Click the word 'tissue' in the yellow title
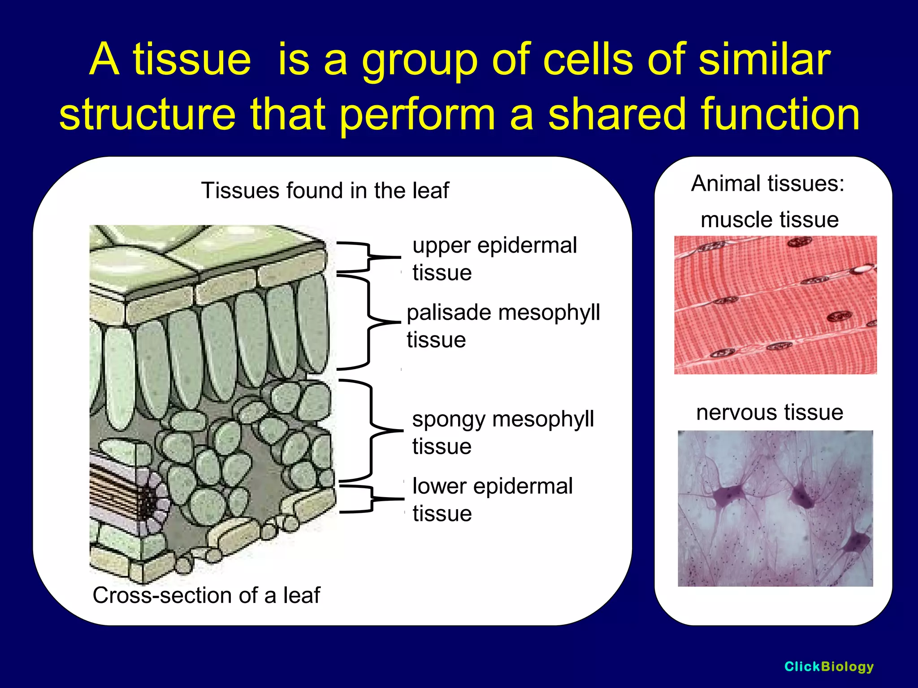click(192, 59)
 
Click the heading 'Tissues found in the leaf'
click(325, 190)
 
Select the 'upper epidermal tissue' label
click(494, 259)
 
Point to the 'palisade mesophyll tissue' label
click(503, 326)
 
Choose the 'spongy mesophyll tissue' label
click(503, 432)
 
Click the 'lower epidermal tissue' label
click(492, 499)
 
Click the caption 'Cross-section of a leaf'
click(206, 595)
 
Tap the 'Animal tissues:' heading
click(767, 184)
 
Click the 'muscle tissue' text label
click(769, 220)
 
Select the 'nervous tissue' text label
click(769, 412)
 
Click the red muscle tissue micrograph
click(775, 305)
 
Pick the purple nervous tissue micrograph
click(775, 508)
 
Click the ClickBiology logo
click(829, 666)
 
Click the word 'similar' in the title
click(764, 59)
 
